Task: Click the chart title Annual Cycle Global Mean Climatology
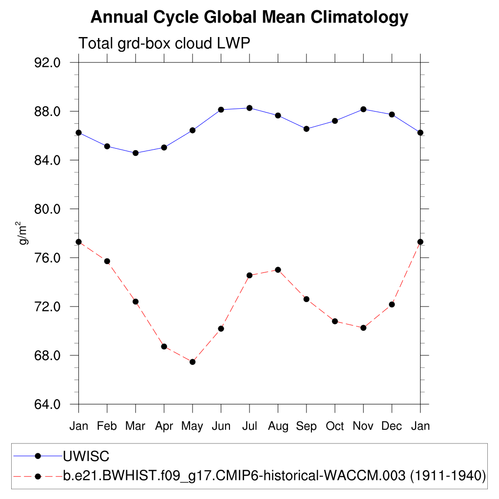249,18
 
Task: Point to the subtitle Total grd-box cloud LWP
164,44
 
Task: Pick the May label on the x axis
192,426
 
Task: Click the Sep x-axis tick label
306,426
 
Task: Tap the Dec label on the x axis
391,426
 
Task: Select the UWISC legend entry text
86,457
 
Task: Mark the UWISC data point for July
249,108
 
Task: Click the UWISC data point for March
135,153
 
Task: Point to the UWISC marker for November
363,109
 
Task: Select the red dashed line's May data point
192,362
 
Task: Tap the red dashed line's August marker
278,270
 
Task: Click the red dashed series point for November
363,328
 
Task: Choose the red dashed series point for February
107,261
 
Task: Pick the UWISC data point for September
306,129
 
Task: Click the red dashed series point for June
221,328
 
